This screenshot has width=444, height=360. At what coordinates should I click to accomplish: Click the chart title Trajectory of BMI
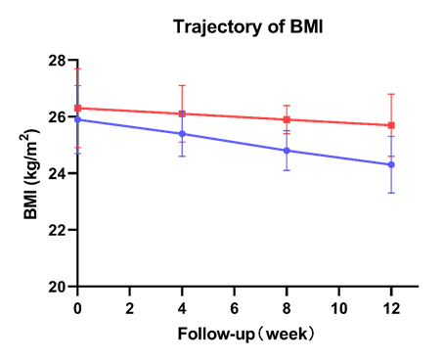246,25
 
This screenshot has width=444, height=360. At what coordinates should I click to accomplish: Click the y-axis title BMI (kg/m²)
35,172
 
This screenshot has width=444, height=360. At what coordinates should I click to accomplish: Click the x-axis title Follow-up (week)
246,333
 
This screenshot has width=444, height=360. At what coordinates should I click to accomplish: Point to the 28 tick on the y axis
58,61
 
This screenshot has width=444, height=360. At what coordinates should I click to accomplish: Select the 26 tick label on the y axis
58,116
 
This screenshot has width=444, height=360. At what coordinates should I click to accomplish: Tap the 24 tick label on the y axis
58,173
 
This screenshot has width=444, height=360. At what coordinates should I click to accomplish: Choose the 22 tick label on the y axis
58,230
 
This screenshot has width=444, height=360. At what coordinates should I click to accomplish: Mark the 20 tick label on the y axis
58,287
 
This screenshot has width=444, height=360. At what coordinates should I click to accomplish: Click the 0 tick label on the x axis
77,305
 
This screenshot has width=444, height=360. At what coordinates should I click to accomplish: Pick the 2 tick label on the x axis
130,305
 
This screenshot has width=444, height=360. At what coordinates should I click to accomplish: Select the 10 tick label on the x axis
338,305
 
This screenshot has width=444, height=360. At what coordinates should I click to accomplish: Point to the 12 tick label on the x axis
390,305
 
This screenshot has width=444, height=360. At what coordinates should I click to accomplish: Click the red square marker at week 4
182,113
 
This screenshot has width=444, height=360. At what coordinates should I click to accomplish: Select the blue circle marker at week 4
182,133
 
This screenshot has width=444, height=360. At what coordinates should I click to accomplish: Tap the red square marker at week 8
287,119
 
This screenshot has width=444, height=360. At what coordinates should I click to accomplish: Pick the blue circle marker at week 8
287,151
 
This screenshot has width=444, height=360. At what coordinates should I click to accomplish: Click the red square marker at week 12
390,125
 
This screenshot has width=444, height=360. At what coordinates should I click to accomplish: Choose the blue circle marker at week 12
390,164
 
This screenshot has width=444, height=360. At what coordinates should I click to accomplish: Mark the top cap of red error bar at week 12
390,94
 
